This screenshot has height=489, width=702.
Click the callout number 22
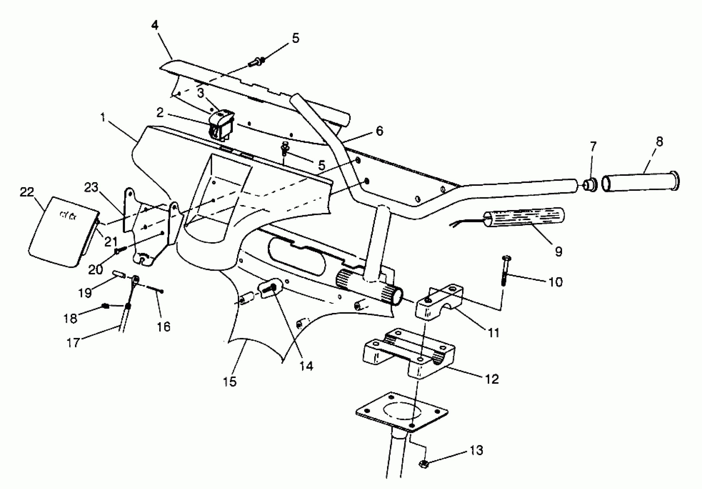(x=27, y=192)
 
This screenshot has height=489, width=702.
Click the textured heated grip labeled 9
(x=524, y=219)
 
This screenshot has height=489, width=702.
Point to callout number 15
(x=230, y=381)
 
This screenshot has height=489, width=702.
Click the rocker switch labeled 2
(x=221, y=125)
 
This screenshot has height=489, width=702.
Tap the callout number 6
(x=379, y=131)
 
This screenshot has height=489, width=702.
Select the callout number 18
(x=70, y=318)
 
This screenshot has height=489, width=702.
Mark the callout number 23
(x=91, y=187)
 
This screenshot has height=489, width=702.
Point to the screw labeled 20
(x=118, y=251)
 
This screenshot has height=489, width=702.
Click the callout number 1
(x=103, y=117)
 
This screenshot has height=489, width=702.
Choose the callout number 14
(x=306, y=366)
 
